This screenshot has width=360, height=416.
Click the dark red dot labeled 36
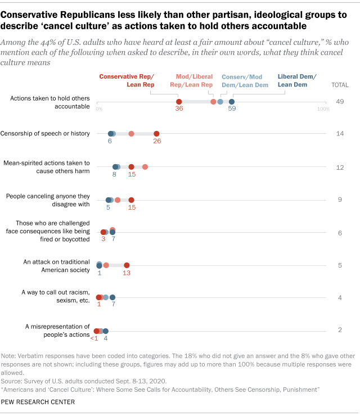pyautogui.click(x=179, y=102)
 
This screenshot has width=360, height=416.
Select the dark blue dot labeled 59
pyautogui.click(x=232, y=102)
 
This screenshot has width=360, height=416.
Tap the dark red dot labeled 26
pyautogui.click(x=156, y=133)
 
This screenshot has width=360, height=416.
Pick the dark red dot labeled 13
pyautogui.click(x=127, y=265)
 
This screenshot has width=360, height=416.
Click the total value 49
pyautogui.click(x=340, y=102)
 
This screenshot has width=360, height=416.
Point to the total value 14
pyautogui.click(x=340, y=133)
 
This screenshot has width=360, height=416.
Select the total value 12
pyautogui.click(x=340, y=166)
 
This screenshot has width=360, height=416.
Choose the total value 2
pyautogui.click(x=340, y=330)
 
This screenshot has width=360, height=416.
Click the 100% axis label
pyautogui.click(x=323, y=108)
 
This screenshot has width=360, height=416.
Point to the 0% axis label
pyautogui.click(x=99, y=108)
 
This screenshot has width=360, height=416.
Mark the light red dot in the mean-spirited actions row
pyautogui.click(x=145, y=166)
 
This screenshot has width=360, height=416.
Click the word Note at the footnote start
pyautogui.click(x=10, y=355)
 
